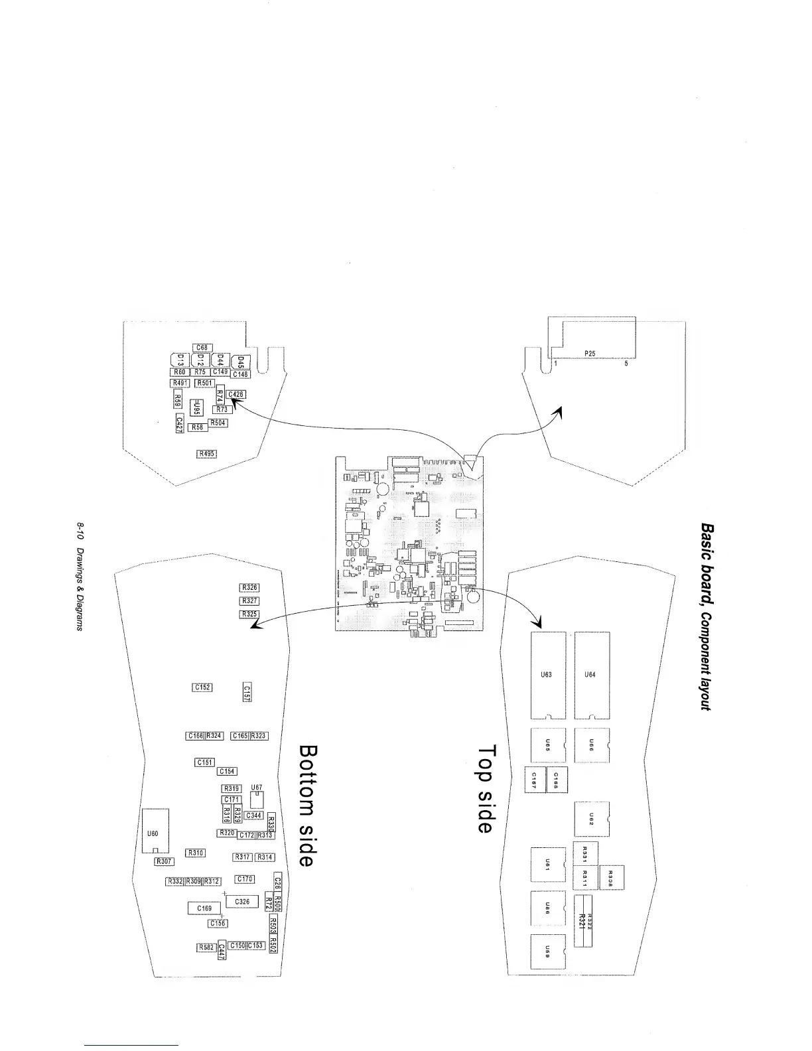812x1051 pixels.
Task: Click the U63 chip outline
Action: [548, 675]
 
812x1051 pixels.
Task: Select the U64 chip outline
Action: [590, 675]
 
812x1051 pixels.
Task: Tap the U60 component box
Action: [155, 832]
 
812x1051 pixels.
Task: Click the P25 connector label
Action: [590, 353]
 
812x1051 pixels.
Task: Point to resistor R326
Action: [249, 588]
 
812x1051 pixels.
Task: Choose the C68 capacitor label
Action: [202, 348]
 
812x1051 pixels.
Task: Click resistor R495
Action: [208, 454]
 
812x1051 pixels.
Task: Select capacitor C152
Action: [202, 687]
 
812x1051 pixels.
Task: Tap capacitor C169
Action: [204, 908]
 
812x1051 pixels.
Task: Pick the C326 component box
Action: [242, 902]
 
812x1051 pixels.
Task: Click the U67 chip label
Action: [257, 788]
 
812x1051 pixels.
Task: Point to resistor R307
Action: [163, 862]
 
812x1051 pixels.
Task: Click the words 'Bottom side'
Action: [306, 806]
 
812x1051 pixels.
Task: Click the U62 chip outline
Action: [591, 819]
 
